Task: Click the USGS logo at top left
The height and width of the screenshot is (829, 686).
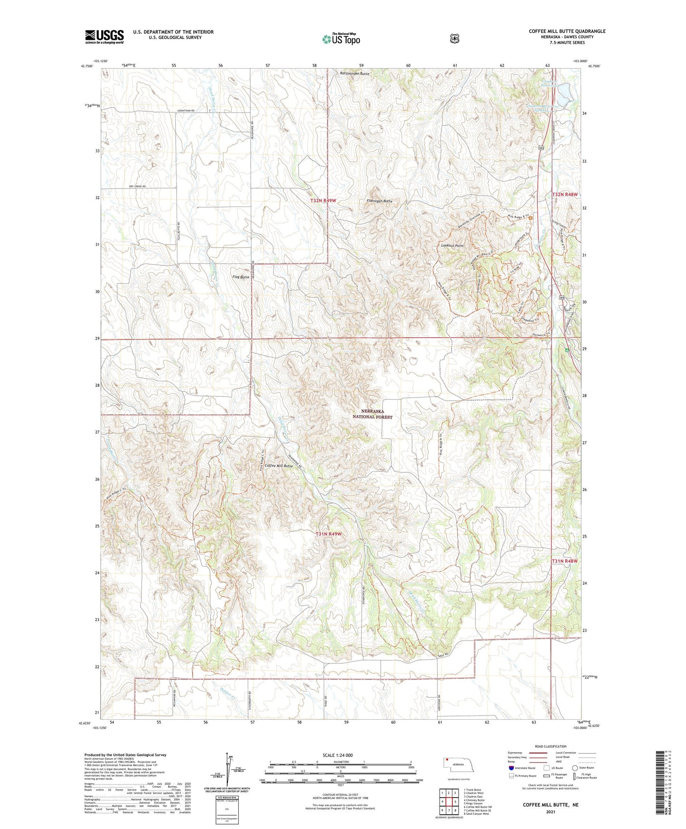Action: (x=104, y=37)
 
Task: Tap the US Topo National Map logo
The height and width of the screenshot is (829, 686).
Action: (x=340, y=39)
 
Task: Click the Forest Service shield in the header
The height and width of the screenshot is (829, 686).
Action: (x=454, y=38)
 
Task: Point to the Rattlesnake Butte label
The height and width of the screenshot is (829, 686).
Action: (x=355, y=74)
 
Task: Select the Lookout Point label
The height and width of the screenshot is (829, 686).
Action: (x=452, y=246)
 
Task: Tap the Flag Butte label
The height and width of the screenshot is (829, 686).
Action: (x=241, y=277)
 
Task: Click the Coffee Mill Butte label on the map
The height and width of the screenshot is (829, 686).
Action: (x=279, y=466)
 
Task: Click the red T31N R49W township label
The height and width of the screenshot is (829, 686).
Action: (x=329, y=534)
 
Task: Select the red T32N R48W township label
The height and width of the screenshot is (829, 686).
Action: (x=564, y=195)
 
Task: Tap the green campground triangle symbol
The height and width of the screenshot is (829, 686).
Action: (x=566, y=350)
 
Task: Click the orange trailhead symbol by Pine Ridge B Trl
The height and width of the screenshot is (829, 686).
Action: (x=531, y=218)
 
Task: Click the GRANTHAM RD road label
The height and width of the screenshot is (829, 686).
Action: (x=187, y=110)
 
